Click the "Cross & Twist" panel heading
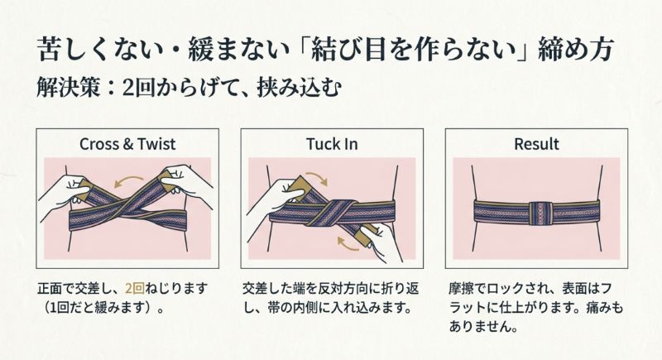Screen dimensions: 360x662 [x=127, y=144]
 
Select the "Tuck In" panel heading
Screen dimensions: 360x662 [x=330, y=144]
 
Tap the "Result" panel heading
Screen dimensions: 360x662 [x=536, y=144]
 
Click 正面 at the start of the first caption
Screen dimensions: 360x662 [x=50, y=290]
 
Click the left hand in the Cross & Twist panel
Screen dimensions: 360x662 [x=65, y=195]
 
